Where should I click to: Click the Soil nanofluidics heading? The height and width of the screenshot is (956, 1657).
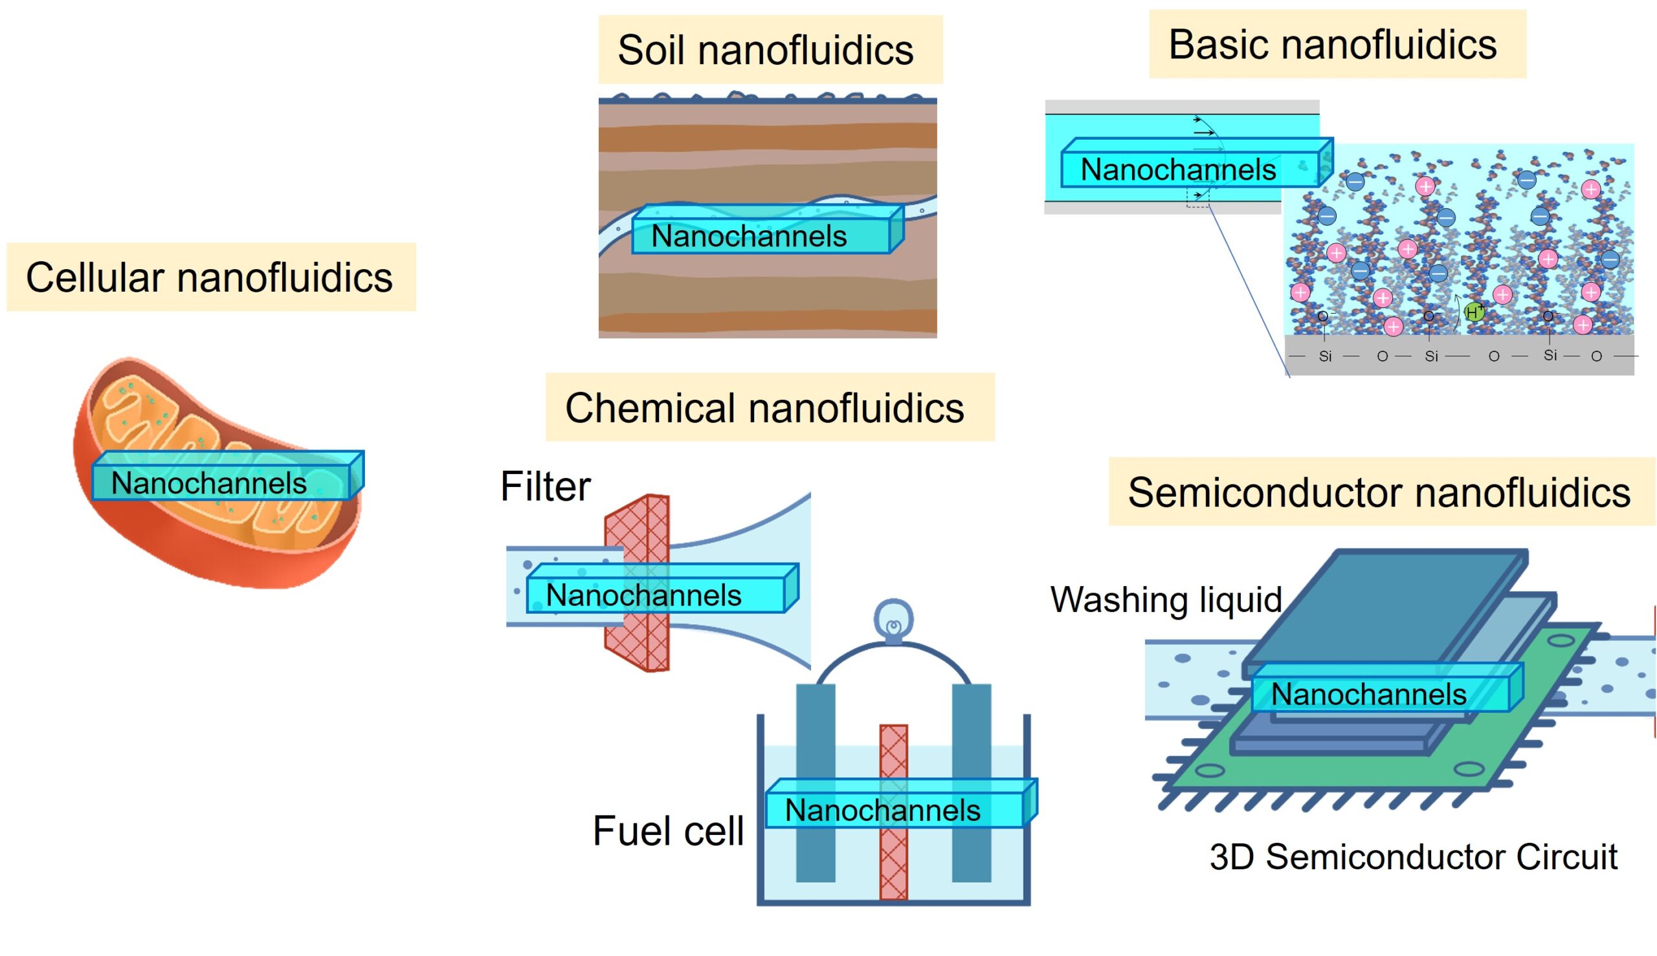(x=766, y=50)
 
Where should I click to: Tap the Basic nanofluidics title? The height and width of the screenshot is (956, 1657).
(x=1333, y=45)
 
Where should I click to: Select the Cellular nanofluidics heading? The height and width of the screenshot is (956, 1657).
(x=209, y=277)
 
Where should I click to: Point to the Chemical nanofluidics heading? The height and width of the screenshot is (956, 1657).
(x=764, y=407)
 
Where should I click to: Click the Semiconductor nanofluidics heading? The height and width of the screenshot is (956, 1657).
(x=1379, y=492)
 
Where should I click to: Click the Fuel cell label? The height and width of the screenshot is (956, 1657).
(x=667, y=831)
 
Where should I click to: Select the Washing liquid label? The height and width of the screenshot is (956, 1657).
(x=1166, y=600)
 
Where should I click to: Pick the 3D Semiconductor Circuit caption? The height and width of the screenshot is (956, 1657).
(x=1412, y=857)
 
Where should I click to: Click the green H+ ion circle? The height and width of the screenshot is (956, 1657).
(x=1473, y=312)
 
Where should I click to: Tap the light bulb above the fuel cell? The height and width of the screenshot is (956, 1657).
(x=893, y=620)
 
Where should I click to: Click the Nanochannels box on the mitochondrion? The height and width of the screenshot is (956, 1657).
(x=209, y=483)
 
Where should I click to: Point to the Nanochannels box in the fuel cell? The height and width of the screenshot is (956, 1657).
(x=882, y=810)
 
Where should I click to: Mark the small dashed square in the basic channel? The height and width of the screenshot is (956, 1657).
(x=1197, y=198)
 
